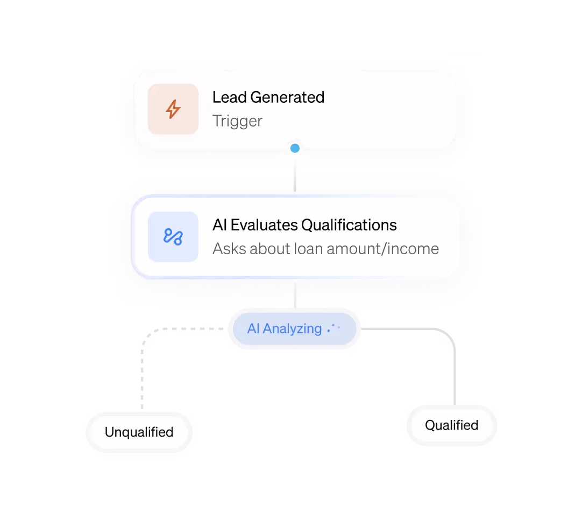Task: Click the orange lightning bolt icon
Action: [173, 109]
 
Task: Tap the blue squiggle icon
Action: [173, 236]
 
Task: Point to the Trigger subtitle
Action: [237, 121]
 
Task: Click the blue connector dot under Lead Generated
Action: [295, 148]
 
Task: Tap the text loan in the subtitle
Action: [307, 249]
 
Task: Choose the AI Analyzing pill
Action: [294, 328]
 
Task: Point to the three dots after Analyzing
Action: [333, 328]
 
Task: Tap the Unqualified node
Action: [139, 432]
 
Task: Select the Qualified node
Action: [451, 425]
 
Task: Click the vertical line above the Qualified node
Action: [455, 371]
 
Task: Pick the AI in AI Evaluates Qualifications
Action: [218, 225]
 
